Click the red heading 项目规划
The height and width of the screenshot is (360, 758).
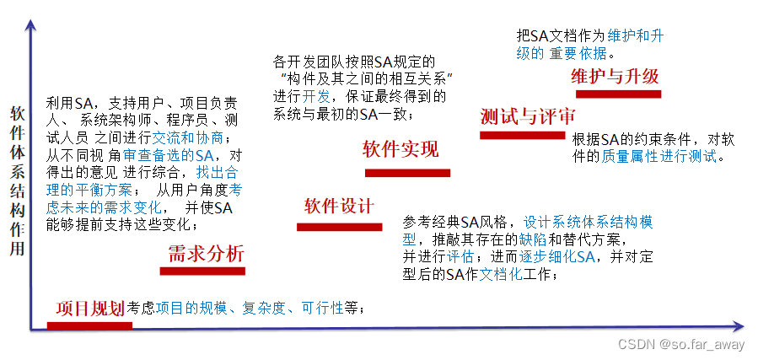coord(90,309)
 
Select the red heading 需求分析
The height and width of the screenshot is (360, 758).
coord(206,253)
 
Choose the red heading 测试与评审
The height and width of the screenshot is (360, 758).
coord(521,117)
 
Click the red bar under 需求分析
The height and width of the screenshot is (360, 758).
coord(202,271)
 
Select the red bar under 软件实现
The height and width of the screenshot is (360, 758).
coord(407,173)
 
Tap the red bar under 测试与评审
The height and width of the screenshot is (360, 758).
coord(522,135)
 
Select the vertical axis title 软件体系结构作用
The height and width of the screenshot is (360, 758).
coord(17,181)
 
